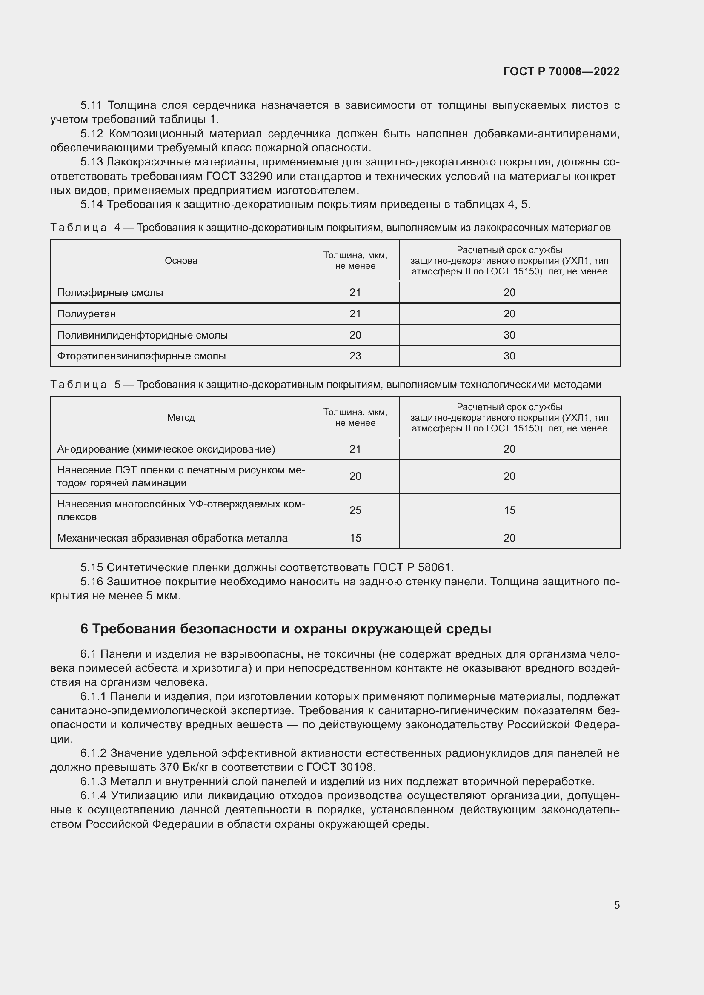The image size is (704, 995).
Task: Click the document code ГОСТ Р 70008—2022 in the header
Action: coord(561,71)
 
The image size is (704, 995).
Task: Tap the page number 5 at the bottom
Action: coord(616,905)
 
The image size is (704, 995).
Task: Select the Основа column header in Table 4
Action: coord(181,260)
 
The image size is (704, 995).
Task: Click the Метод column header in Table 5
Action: coord(181,417)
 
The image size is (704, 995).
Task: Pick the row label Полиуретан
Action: coord(87,314)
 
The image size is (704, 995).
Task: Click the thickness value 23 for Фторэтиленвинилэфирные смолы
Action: coord(355,356)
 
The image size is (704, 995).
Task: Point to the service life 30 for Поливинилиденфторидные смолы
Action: coord(509,335)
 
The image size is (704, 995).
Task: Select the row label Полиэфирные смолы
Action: coord(110,293)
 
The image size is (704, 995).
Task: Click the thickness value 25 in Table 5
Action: coord(355,510)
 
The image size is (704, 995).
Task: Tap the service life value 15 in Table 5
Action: coord(509,510)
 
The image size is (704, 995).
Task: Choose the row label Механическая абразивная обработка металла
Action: coord(172,538)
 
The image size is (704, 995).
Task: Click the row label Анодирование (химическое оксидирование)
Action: coord(166,449)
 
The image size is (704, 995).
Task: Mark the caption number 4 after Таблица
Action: coord(117,228)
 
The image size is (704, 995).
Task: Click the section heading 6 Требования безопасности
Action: coord(286,628)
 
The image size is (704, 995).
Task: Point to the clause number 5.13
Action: coord(92,162)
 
